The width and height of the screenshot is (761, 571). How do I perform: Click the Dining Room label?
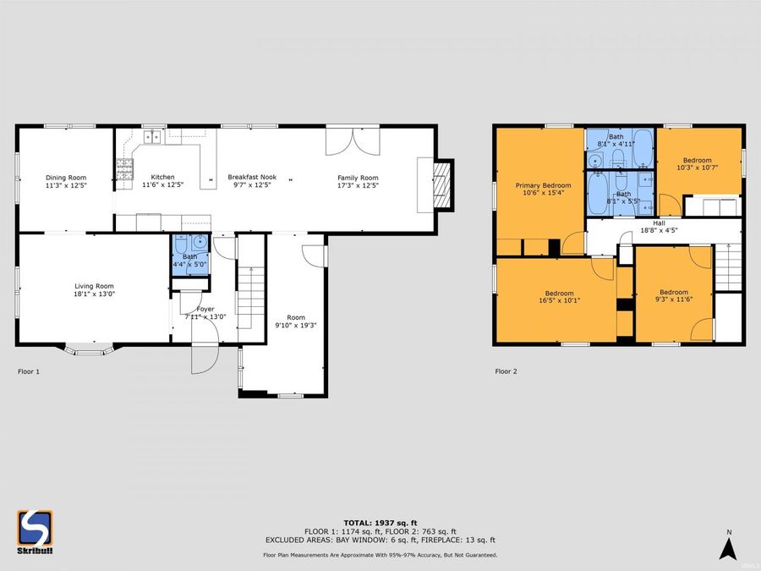click(x=66, y=178)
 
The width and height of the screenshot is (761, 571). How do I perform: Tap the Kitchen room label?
click(x=162, y=178)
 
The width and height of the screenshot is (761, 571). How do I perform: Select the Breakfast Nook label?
click(x=252, y=178)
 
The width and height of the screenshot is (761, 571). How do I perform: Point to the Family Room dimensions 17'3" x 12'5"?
click(x=358, y=185)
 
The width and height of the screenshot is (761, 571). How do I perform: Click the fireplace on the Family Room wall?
click(x=441, y=183)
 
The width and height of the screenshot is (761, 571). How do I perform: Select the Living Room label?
click(x=93, y=286)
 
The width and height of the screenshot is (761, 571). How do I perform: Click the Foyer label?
click(x=205, y=310)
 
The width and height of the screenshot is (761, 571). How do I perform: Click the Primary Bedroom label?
click(x=544, y=185)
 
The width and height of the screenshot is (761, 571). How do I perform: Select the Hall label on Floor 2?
click(x=659, y=222)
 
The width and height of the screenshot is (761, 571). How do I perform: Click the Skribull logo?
click(x=36, y=530)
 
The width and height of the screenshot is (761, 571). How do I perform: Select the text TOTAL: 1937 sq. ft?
click(x=380, y=522)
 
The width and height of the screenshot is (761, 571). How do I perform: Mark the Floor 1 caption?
click(x=29, y=371)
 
